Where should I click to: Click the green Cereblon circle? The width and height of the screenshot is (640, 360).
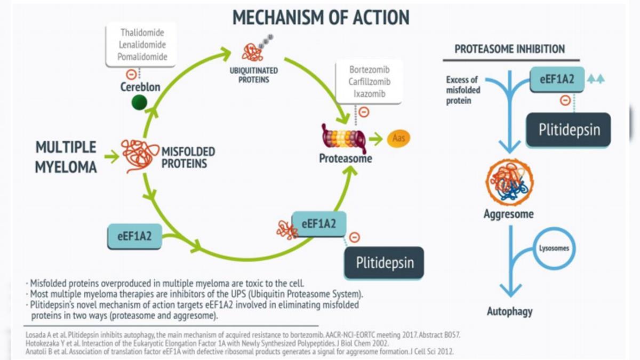(139, 102)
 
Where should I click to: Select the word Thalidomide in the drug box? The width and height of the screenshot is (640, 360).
(142, 33)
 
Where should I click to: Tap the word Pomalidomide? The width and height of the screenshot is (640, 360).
(142, 57)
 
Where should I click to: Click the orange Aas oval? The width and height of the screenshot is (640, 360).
(398, 138)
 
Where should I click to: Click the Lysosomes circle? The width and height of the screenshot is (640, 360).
(555, 249)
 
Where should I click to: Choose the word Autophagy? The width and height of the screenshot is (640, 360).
(509, 311)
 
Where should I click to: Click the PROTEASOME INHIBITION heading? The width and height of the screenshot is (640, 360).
(509, 49)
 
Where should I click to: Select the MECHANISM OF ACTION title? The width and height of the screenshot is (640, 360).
(321, 17)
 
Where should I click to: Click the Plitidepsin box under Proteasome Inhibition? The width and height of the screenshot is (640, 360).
(568, 130)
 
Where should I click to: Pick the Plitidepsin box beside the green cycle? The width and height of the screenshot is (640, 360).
(384, 263)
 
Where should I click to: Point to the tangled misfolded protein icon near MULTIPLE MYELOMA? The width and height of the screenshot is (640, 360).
(140, 156)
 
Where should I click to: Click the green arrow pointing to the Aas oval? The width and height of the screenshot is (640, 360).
(377, 139)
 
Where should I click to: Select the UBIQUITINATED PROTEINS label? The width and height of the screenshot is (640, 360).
(253, 75)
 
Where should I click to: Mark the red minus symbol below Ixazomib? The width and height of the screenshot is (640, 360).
(364, 112)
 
